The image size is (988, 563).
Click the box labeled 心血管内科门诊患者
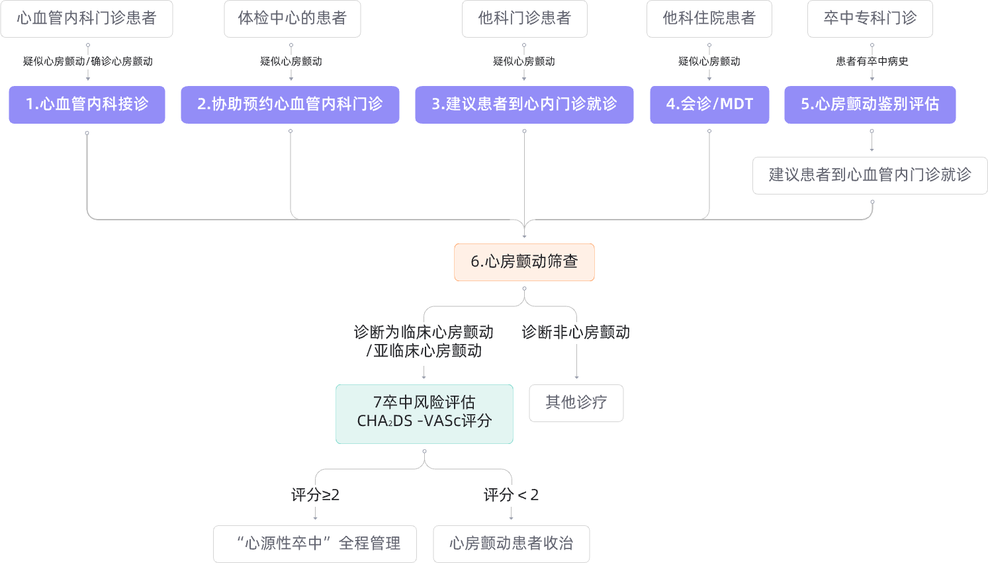tap(87, 19)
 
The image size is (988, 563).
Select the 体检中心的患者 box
tap(292, 19)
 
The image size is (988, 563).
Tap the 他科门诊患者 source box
tap(524, 19)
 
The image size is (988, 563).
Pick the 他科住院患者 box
tap(709, 19)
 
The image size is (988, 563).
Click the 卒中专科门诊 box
tap(870, 19)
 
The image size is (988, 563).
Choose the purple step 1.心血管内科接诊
tap(87, 105)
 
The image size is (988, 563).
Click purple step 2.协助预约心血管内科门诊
tap(290, 105)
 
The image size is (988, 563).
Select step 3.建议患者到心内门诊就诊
tap(524, 105)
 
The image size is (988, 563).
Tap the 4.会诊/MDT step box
tap(709, 105)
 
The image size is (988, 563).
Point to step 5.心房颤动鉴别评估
tap(870, 105)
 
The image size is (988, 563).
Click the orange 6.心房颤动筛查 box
tap(524, 262)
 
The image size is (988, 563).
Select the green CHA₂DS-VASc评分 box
tap(424, 413)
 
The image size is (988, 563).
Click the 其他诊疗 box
tap(576, 402)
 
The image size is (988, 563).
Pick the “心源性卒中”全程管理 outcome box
tap(315, 544)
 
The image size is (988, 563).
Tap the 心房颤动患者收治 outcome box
tap(511, 544)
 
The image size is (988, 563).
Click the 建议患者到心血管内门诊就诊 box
tap(870, 175)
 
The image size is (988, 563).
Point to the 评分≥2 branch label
tap(315, 495)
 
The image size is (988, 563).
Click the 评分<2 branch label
tap(511, 495)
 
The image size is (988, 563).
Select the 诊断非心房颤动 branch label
tap(576, 332)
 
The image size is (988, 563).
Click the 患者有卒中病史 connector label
tap(872, 62)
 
